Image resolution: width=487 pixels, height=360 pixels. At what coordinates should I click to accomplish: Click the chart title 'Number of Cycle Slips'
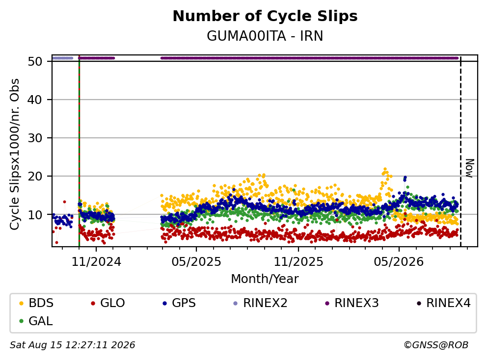pyautogui.click(x=265, y=16)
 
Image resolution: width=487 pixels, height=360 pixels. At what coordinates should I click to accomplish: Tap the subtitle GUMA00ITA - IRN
pyautogui.click(x=265, y=36)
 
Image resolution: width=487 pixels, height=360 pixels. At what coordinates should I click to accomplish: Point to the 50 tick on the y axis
pyautogui.click(x=35, y=61)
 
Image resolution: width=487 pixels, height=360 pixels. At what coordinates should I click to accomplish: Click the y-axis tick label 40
pyautogui.click(x=35, y=100)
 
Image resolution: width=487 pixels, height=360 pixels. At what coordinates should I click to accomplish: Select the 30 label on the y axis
pyautogui.click(x=35, y=138)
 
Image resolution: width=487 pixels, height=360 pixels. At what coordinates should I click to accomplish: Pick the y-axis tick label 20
pyautogui.click(x=35, y=176)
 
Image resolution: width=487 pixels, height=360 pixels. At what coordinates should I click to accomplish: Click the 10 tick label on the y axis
pyautogui.click(x=35, y=214)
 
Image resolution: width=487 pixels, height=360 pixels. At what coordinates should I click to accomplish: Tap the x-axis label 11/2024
pyautogui.click(x=96, y=262)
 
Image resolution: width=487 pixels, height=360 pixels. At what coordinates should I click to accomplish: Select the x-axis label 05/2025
pyautogui.click(x=196, y=262)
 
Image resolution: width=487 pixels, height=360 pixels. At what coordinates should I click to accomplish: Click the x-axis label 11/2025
pyautogui.click(x=298, y=262)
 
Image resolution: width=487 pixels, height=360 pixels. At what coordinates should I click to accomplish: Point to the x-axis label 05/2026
pyautogui.click(x=399, y=262)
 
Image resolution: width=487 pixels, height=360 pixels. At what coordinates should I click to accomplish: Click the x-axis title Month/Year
pyautogui.click(x=265, y=279)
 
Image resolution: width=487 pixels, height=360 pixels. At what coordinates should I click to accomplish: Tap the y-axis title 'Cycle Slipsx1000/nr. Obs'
pyautogui.click(x=14, y=154)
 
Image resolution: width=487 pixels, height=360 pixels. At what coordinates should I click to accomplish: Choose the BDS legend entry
pyautogui.click(x=36, y=303)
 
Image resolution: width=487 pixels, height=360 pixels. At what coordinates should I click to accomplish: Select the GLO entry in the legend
pyautogui.click(x=108, y=303)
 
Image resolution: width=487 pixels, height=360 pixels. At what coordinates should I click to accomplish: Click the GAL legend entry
pyautogui.click(x=36, y=321)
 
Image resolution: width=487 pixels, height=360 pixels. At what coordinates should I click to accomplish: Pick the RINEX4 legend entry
pyautogui.click(x=443, y=303)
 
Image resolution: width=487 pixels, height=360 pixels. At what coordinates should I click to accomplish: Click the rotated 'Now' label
pyautogui.click(x=470, y=168)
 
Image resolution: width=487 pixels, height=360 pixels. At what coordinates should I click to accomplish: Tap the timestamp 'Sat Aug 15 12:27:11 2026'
pyautogui.click(x=72, y=345)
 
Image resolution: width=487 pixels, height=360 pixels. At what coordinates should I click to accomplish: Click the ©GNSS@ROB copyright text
pyautogui.click(x=436, y=345)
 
